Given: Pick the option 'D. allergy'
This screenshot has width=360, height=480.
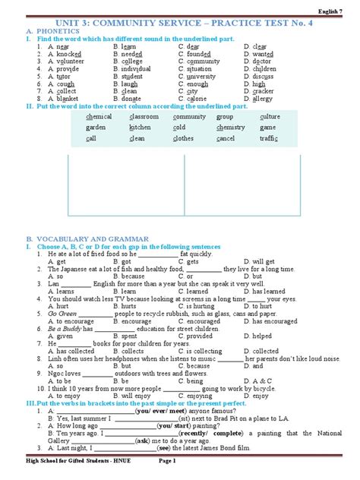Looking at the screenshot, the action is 261,99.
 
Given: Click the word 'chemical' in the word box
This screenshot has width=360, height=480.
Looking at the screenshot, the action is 99,117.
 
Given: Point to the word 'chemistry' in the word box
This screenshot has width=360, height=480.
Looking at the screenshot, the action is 231,128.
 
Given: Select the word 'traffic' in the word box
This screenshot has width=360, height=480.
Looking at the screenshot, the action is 269,139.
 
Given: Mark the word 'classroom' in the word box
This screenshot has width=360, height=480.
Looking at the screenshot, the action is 144,117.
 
